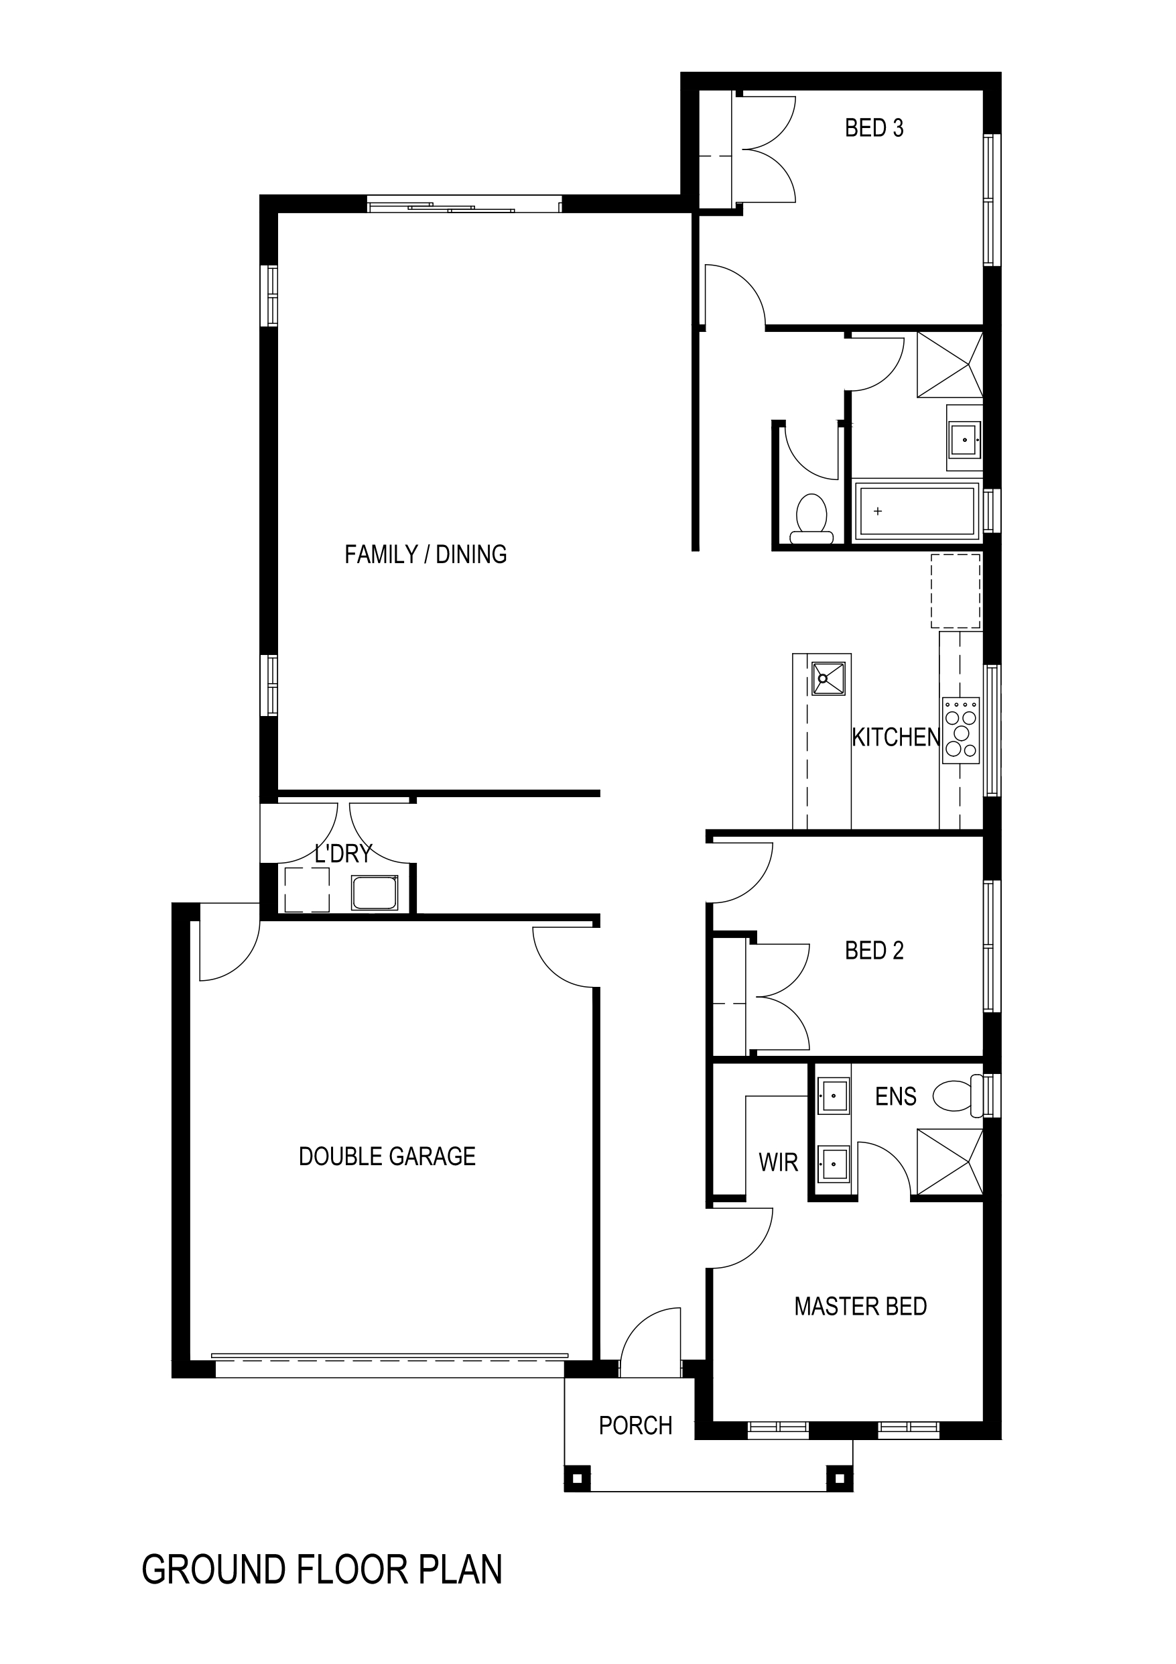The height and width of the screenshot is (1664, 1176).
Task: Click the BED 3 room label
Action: point(874,128)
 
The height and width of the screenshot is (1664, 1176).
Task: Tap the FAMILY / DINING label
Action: point(426,554)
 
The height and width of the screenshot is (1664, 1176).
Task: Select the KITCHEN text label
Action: point(896,737)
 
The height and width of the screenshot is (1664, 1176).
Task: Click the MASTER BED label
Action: point(861,1306)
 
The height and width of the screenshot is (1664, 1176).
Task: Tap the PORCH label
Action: point(635,1425)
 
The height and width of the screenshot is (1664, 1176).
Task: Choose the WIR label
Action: point(778,1163)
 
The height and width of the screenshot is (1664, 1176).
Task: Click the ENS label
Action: point(896,1097)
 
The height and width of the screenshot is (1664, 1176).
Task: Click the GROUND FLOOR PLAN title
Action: point(322,1569)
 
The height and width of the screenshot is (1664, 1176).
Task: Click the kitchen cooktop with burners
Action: point(961,731)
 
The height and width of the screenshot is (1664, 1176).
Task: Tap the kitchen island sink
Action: point(829,678)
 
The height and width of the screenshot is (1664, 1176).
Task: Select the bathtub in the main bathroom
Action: point(917,512)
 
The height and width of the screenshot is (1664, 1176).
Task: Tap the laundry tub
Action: point(375,892)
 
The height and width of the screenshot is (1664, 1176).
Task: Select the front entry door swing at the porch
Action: point(651,1342)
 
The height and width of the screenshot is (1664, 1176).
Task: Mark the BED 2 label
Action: point(874,951)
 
